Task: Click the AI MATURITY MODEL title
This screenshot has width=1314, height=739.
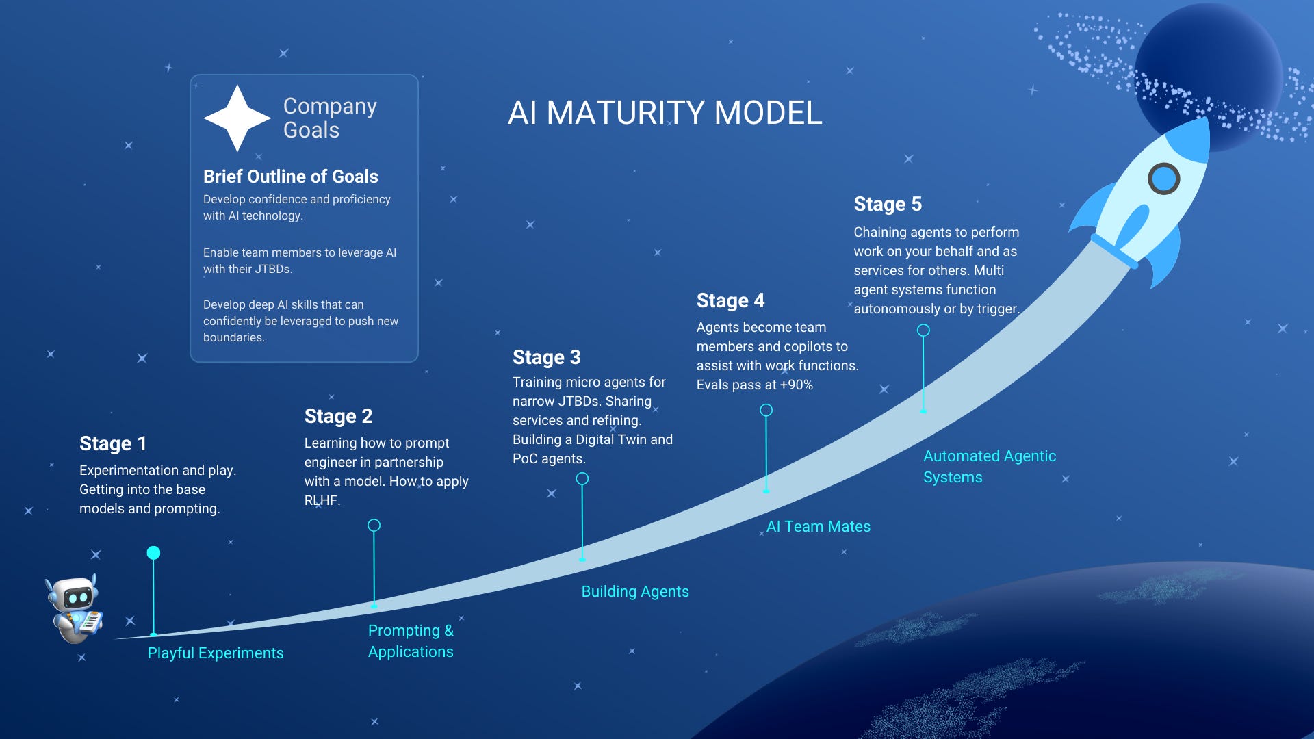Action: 665,113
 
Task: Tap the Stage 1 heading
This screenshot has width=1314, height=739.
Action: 113,443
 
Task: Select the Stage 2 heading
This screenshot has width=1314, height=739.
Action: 338,416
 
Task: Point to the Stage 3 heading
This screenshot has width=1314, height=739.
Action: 546,357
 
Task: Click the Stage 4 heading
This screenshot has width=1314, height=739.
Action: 730,300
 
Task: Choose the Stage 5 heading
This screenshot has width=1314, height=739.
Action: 888,204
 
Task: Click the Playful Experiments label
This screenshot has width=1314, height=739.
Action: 216,653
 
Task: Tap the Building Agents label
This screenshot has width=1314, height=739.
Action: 635,591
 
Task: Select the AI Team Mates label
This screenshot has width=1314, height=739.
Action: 819,526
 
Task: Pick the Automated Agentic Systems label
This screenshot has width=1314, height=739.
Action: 989,466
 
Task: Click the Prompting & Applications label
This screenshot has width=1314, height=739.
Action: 411,640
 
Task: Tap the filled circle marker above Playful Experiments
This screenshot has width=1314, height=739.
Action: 153,553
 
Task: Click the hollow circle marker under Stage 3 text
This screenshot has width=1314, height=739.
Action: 582,479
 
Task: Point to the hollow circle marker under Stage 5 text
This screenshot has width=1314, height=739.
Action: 923,330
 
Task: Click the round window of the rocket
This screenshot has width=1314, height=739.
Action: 1163,179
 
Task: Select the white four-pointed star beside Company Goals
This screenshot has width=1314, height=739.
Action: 237,118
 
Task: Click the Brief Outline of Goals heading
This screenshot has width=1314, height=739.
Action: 290,177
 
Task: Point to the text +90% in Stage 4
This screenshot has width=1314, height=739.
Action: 797,385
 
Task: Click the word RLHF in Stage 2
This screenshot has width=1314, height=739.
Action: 321,500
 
